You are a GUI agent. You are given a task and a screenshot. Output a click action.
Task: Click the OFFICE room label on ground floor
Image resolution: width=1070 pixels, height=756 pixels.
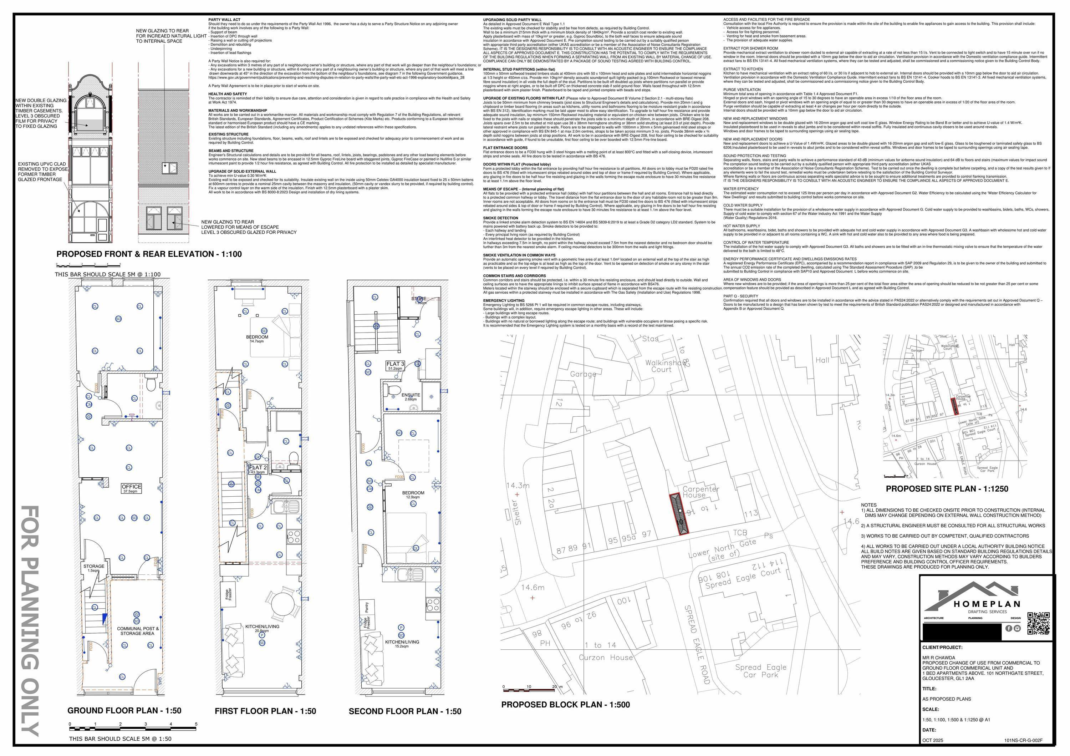(x=131, y=487)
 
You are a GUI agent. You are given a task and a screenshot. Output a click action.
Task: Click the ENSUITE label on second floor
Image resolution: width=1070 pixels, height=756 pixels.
(x=411, y=395)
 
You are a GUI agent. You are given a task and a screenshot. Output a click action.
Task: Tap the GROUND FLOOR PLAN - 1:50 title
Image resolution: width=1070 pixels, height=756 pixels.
(x=124, y=710)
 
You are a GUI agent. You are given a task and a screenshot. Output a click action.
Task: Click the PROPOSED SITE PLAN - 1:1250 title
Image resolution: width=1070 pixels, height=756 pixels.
(x=947, y=488)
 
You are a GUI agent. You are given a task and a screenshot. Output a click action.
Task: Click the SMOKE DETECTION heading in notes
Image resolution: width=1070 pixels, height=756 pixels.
(x=500, y=218)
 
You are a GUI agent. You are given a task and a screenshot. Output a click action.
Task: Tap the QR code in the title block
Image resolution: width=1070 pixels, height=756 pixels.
(x=1039, y=623)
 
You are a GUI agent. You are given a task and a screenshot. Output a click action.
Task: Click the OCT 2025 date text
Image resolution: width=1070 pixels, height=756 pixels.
(x=933, y=740)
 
